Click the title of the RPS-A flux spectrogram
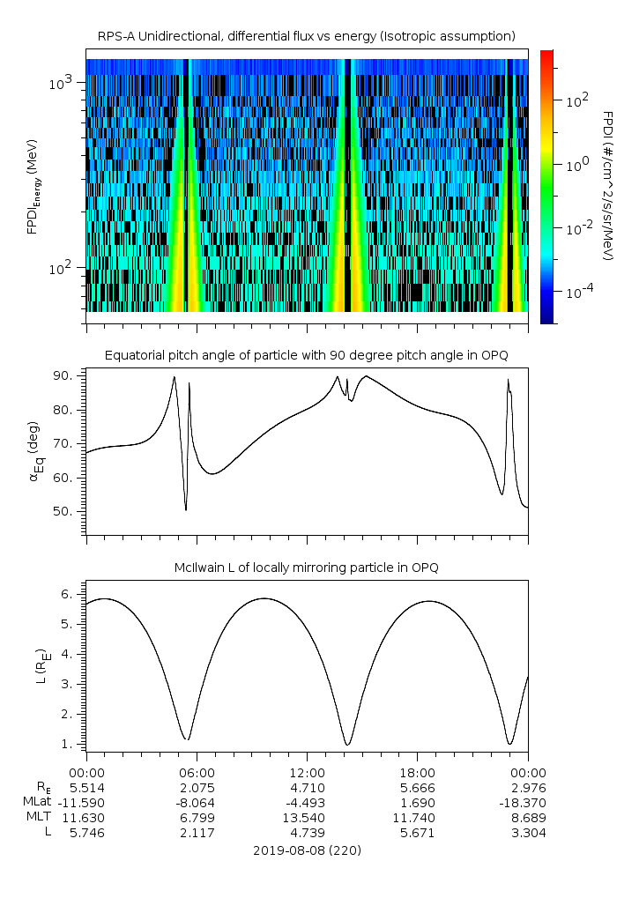[x=306, y=35]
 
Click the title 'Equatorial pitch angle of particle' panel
[x=306, y=355]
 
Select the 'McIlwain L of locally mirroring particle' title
[x=306, y=567]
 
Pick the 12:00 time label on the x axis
[x=307, y=771]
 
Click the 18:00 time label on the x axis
[x=417, y=771]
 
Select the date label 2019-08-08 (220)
[x=307, y=850]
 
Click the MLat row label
[x=39, y=801]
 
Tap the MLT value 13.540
[x=307, y=817]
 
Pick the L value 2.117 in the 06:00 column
[x=196, y=833]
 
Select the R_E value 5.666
[x=417, y=786]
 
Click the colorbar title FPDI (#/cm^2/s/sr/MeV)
[x=607, y=185]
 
